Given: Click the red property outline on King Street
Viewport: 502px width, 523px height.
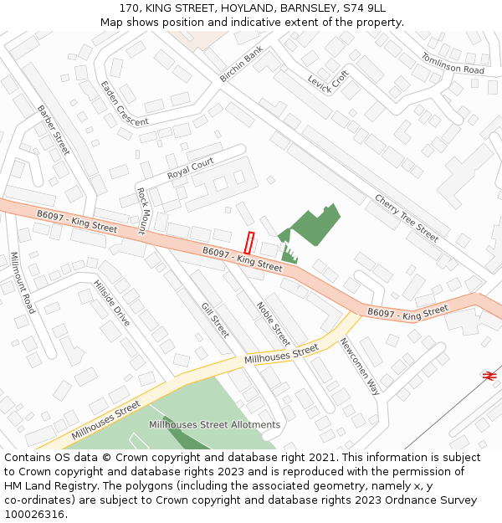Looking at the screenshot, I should pyautogui.click(x=248, y=243).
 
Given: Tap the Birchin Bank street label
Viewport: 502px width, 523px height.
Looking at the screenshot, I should pyautogui.click(x=241, y=64).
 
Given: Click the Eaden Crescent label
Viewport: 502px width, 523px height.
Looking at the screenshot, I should pyautogui.click(x=124, y=103).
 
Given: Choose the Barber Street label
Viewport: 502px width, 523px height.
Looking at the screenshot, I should pyautogui.click(x=54, y=131).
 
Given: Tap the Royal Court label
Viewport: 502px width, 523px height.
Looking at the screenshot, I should pyautogui.click(x=190, y=168).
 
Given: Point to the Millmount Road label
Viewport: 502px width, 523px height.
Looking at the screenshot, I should pyautogui.click(x=23, y=283).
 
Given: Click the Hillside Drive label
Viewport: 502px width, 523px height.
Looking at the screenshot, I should pyautogui.click(x=111, y=303).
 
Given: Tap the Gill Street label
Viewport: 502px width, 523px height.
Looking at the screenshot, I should pyautogui.click(x=215, y=320).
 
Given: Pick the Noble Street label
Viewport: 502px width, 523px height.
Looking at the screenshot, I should pyautogui.click(x=273, y=324).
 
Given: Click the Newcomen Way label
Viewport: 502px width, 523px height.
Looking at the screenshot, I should pyautogui.click(x=359, y=367).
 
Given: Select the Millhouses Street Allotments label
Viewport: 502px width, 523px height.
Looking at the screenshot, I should pyautogui.click(x=214, y=425).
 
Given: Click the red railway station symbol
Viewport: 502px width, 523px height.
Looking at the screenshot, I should pyautogui.click(x=489, y=377).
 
